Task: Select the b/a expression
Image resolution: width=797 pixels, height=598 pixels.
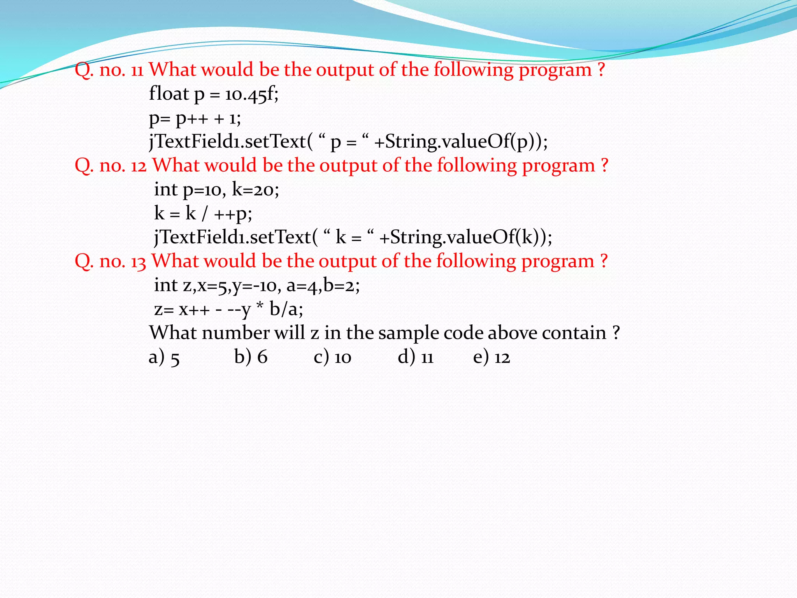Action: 286,310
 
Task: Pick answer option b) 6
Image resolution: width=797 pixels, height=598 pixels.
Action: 251,357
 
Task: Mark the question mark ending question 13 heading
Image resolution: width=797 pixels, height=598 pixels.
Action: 604,261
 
